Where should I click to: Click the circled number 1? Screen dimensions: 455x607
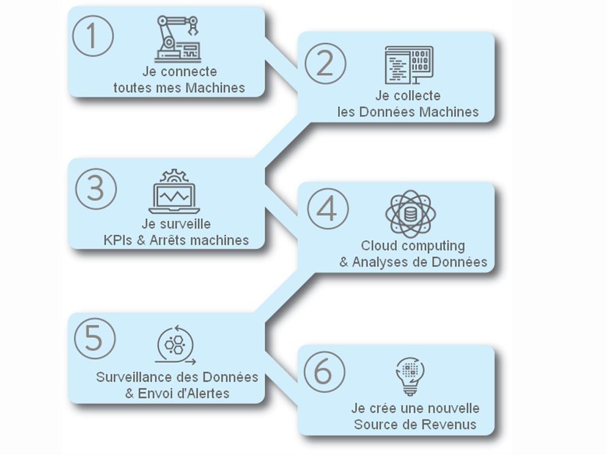pos(93,35)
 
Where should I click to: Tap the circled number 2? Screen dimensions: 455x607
pos(325,64)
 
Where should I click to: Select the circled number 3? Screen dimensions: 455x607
pos(96,188)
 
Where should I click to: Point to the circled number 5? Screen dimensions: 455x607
pos(95,338)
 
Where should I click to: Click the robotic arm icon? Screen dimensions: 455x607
pos(177,39)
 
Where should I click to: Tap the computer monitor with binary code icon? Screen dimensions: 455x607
pos(409,64)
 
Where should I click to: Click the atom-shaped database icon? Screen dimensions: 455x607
pos(410,214)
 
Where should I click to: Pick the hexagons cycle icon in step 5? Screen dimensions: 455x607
pos(175,345)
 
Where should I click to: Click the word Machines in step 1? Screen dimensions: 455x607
pos(215,87)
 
